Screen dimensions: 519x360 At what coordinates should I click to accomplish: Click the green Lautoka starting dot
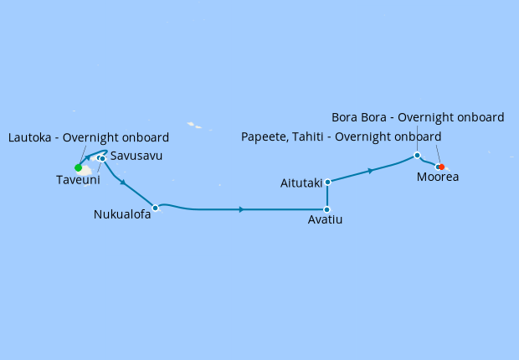[79, 167]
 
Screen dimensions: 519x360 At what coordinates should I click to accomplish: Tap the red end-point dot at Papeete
[441, 167]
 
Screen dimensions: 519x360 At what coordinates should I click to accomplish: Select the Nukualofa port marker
[155, 207]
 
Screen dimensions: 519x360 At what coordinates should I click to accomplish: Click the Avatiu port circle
[326, 209]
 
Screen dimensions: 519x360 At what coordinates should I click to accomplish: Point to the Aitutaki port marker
[327, 182]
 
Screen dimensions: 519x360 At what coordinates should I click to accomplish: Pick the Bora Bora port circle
[417, 155]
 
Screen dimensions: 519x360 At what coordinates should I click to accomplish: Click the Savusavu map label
[136, 156]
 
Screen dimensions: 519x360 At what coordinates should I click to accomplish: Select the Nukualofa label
[122, 213]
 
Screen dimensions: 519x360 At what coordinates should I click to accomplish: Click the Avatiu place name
[326, 220]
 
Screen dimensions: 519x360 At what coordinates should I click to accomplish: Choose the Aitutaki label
[301, 183]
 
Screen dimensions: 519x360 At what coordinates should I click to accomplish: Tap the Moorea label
[439, 177]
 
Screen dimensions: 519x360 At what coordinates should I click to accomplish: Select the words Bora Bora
[360, 117]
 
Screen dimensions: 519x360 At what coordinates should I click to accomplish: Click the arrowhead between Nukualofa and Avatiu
[242, 209]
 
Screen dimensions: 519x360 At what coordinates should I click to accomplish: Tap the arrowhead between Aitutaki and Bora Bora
[370, 171]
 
